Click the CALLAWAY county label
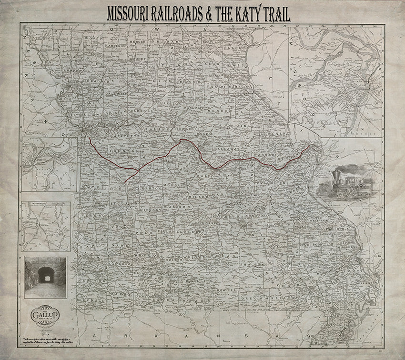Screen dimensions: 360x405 (x=224, y=149)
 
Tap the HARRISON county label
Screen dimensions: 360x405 (x=117, y=46)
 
